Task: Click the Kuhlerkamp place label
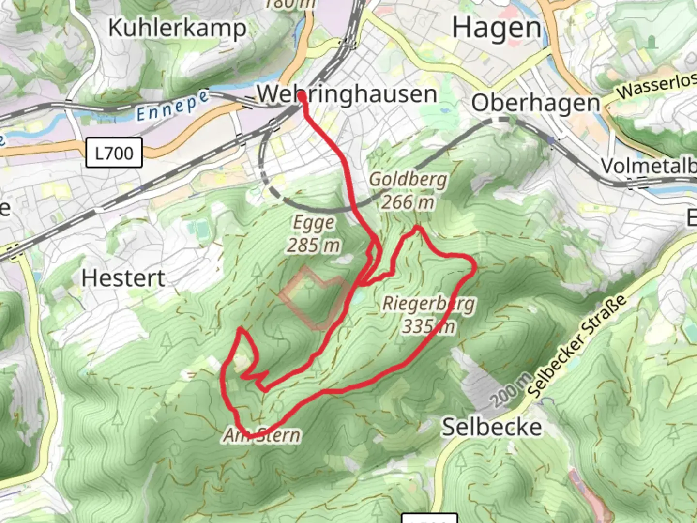[x=177, y=28]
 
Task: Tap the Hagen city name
[x=497, y=28]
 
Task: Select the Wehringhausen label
[x=347, y=94]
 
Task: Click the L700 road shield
[x=114, y=153]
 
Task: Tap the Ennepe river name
[x=172, y=107]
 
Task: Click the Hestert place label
[x=123, y=278]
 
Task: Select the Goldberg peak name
[x=408, y=179]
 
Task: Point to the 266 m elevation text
[x=407, y=202]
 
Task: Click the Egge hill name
[x=314, y=223]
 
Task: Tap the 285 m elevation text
[x=313, y=246]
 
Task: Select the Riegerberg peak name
[x=428, y=304]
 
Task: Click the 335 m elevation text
[x=428, y=326]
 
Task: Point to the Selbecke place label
[x=492, y=427]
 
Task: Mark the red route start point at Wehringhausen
[x=302, y=97]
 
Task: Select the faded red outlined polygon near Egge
[x=315, y=298]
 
